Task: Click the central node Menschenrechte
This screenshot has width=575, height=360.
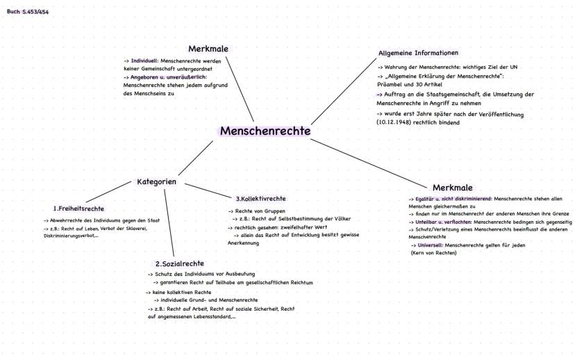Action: click(265, 131)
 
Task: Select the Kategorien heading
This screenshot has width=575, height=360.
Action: click(156, 181)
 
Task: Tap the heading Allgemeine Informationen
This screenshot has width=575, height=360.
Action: click(419, 53)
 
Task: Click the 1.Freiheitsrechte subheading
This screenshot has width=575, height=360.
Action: click(78, 208)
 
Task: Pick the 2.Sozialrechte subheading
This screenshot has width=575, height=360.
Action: click(180, 263)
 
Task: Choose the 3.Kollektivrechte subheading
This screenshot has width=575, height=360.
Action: click(260, 199)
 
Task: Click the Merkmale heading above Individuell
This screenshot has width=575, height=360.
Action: click(208, 49)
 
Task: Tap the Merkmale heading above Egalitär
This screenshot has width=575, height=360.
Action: click(453, 188)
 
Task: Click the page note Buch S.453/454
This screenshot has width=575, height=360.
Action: click(28, 12)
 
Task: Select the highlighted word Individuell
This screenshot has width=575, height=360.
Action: click(144, 61)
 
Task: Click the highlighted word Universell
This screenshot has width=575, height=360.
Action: click(430, 245)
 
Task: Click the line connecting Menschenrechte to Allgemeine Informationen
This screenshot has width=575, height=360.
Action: click(344, 92)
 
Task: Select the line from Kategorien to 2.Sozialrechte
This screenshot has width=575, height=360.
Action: click(169, 223)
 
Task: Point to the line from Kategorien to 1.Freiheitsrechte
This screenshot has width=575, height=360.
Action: click(108, 192)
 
